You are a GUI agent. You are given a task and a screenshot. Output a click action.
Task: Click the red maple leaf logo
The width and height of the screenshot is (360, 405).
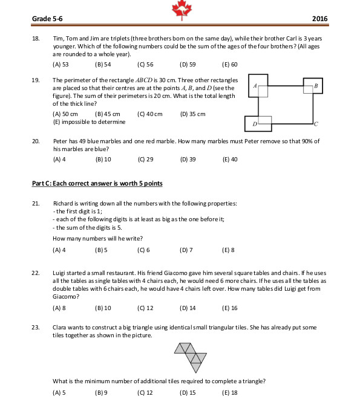182,10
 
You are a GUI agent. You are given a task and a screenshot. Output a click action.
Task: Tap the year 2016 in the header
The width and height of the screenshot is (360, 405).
319,19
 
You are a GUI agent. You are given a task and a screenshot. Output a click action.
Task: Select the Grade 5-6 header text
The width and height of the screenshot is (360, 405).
47,19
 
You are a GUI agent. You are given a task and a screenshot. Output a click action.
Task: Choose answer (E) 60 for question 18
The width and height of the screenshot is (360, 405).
230,65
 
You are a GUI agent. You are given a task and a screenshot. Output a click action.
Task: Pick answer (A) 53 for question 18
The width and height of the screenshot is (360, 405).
61,65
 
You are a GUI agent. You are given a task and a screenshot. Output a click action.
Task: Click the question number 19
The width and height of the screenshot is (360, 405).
36,80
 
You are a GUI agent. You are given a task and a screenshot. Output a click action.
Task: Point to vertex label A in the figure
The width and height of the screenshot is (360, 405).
255,86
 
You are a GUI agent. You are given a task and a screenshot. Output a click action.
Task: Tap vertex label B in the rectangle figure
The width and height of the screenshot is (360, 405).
316,86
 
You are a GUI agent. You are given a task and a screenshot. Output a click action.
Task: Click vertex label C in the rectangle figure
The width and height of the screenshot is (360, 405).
316,125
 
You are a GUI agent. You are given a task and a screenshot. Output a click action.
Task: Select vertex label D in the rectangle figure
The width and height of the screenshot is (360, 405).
255,125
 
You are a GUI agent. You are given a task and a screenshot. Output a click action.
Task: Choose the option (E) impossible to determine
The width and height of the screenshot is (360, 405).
89,122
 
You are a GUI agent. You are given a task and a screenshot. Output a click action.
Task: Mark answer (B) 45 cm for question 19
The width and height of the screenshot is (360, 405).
108,114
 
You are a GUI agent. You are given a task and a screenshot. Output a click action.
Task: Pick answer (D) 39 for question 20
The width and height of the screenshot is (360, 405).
188,160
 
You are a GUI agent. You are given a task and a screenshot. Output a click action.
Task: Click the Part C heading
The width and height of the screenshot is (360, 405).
97,183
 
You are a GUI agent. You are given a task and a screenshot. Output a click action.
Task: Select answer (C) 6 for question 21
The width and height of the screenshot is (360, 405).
143,250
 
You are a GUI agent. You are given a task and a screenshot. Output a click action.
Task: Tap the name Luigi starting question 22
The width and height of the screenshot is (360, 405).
59,273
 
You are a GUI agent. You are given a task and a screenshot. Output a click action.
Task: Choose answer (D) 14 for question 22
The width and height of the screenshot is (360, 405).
188,308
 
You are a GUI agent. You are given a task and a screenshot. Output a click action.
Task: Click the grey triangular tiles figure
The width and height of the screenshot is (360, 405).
191,358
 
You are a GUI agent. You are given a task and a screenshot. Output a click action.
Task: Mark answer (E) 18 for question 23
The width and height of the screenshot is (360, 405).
230,393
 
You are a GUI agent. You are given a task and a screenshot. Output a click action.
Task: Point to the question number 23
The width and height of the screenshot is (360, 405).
36,328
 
